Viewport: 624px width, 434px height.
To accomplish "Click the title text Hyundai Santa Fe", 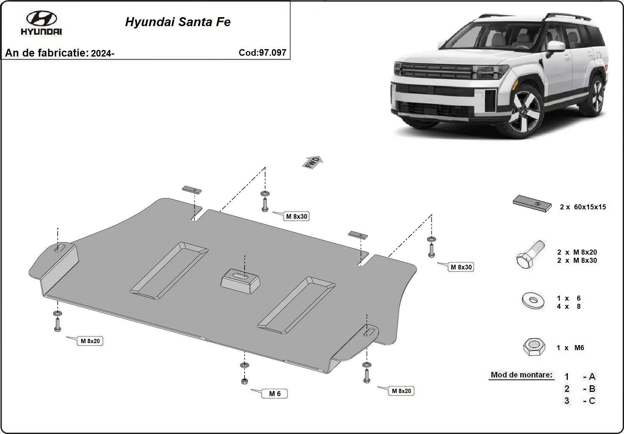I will click(x=178, y=22).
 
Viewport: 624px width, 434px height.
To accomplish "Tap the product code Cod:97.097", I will click(x=262, y=53).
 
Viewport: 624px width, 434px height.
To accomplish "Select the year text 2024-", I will click(x=103, y=53).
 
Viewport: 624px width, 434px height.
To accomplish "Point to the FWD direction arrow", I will click(x=313, y=162).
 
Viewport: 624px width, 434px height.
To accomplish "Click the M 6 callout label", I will click(x=275, y=394).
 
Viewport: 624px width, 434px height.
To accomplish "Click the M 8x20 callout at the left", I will click(x=90, y=341).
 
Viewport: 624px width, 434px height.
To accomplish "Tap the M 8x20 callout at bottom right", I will click(x=401, y=391).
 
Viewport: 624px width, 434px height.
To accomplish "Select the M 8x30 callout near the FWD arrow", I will click(x=296, y=216).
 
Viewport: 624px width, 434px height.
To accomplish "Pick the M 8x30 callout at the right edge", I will click(x=461, y=267).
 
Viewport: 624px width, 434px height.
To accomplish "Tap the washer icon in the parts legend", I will click(x=533, y=301).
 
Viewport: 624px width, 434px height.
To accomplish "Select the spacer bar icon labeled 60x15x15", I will click(x=532, y=204).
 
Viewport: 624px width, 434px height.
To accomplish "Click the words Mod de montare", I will click(x=521, y=375).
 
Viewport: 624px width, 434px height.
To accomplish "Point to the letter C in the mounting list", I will click(x=592, y=401).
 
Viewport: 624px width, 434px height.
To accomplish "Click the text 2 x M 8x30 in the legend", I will click(x=577, y=260).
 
